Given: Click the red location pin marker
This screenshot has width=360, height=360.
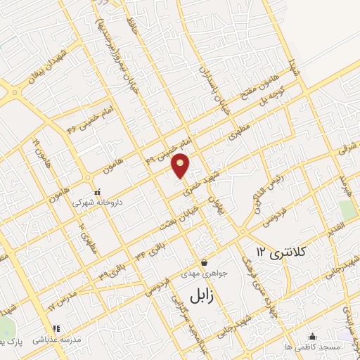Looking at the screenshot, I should (181, 165).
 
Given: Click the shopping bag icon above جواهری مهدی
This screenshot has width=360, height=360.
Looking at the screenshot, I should (204, 262).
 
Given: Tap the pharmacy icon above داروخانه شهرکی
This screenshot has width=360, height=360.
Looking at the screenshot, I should (98, 190).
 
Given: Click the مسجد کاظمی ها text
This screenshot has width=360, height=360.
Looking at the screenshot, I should (313, 347).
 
